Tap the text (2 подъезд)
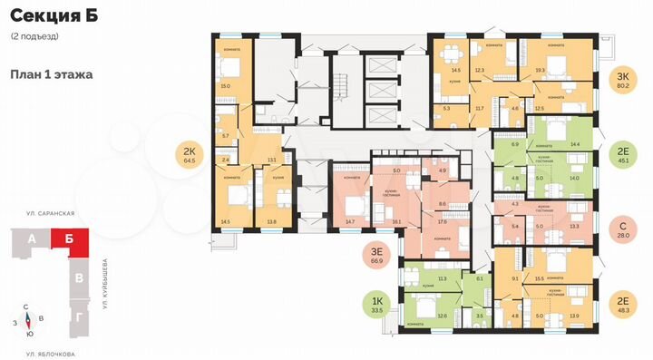tap(34, 35)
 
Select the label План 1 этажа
tap(52, 75)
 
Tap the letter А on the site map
tap(34, 239)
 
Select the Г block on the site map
tap(81, 316)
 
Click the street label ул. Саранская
tap(51, 212)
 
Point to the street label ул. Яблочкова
tap(50, 353)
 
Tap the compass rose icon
tap(29, 320)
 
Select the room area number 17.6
tap(444, 220)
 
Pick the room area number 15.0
tap(226, 86)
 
